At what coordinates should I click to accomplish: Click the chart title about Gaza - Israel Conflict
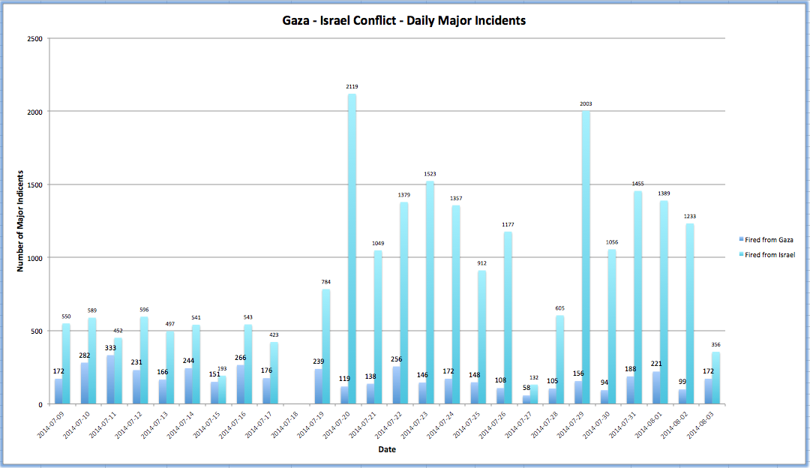tap(398, 21)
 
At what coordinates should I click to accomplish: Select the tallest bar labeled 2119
tap(352, 247)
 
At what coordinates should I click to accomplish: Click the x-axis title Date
tap(387, 450)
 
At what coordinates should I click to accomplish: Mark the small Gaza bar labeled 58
tap(527, 400)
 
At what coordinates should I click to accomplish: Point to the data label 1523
tap(430, 174)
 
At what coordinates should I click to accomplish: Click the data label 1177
tap(508, 224)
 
